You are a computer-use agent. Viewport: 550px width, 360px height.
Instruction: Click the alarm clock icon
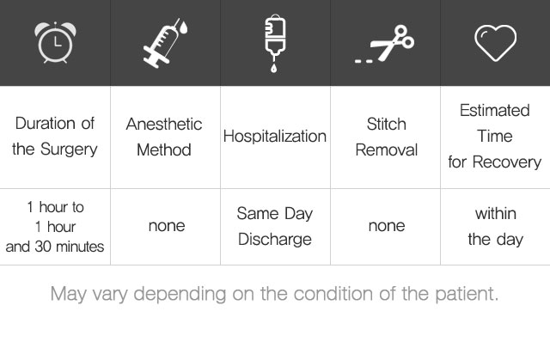coord(55,42)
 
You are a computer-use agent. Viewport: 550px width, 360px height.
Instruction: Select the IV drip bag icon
coord(275,43)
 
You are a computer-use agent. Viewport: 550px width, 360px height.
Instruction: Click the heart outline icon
coord(495,43)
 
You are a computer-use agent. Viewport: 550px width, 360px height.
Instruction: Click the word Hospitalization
coord(275,137)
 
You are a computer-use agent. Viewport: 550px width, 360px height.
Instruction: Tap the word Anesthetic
coord(164,124)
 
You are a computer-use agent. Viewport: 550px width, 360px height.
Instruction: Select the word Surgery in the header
coord(69,149)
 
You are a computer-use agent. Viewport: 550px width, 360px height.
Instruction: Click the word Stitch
coord(386,124)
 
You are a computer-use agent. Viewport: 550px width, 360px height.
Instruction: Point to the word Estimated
coord(495,111)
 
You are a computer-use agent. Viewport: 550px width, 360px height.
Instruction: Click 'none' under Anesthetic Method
coord(167,226)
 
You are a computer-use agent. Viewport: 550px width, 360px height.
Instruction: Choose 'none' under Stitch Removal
coord(387,226)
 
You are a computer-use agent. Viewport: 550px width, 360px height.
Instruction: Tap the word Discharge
coord(275,240)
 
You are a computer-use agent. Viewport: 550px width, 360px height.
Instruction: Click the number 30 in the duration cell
coord(43,247)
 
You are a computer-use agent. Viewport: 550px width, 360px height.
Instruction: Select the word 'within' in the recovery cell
coord(496,213)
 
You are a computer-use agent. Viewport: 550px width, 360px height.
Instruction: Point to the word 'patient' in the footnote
coord(467,294)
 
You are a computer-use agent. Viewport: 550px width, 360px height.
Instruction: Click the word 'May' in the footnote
coord(69,295)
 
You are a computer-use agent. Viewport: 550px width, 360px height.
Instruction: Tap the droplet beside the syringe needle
coord(183,27)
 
